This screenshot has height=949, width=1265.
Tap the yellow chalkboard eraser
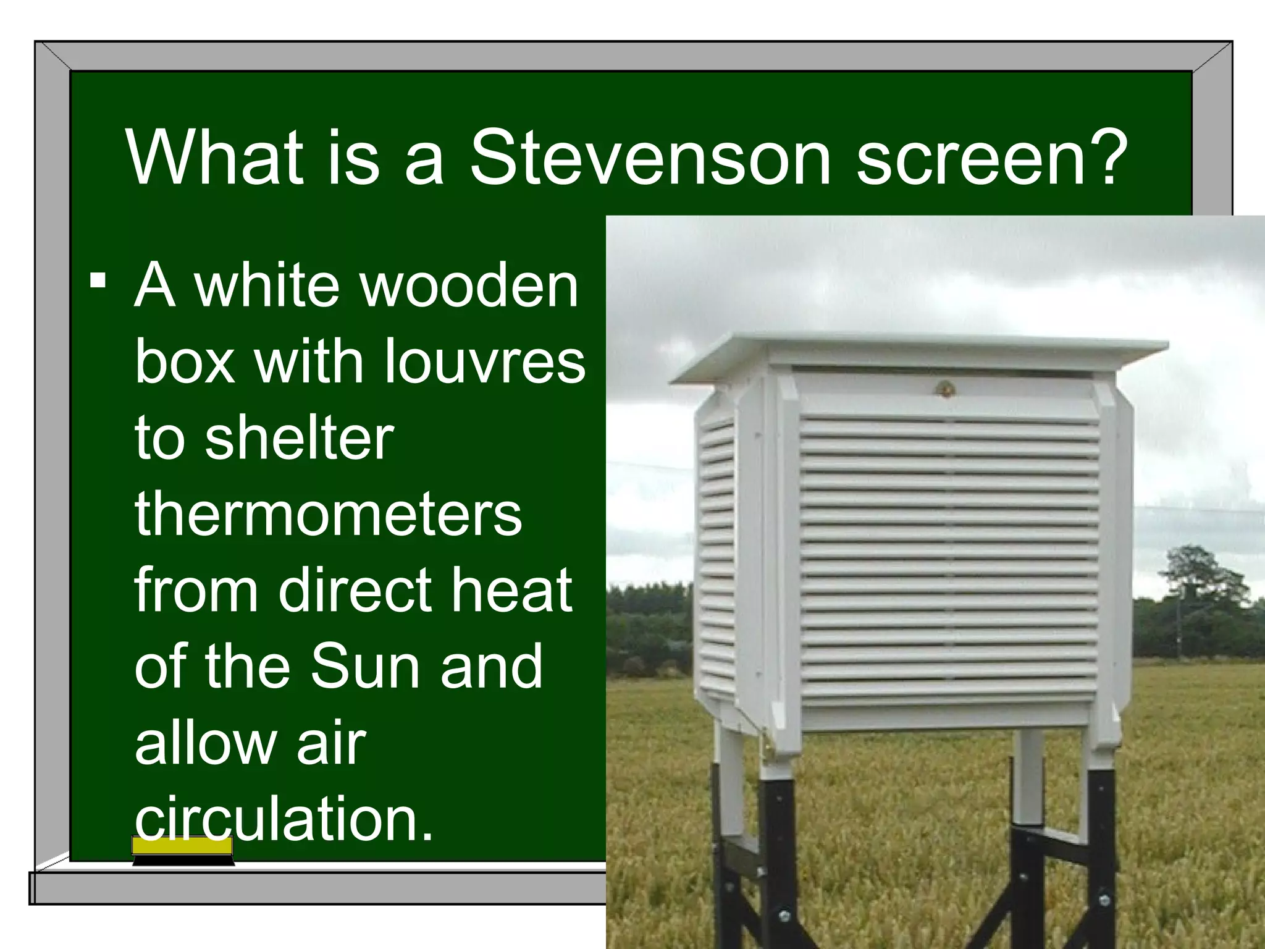[x=183, y=850]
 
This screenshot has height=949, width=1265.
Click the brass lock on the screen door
[x=944, y=389]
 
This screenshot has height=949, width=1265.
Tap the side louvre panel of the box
[x=717, y=550]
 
